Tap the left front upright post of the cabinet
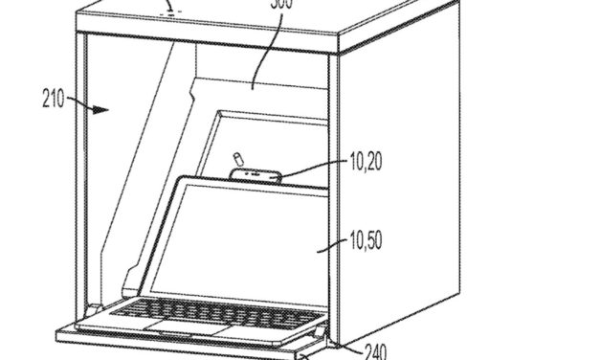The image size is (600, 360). (x=81, y=182)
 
